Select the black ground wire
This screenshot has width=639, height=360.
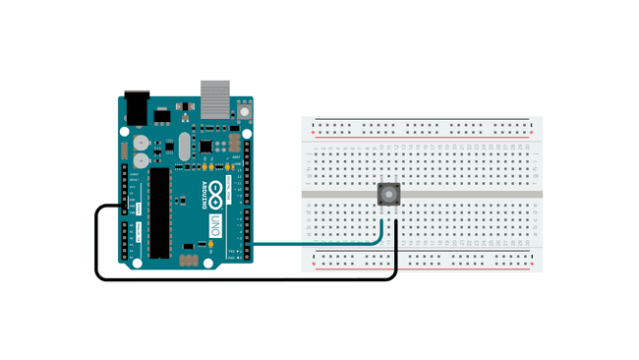click(246, 278)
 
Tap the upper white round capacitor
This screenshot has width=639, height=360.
click(142, 142)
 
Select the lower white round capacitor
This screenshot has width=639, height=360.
click(142, 158)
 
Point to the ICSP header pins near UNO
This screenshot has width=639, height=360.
click(190, 260)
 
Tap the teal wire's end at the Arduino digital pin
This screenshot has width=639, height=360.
click(252, 242)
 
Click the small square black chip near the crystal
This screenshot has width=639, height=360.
click(207, 145)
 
